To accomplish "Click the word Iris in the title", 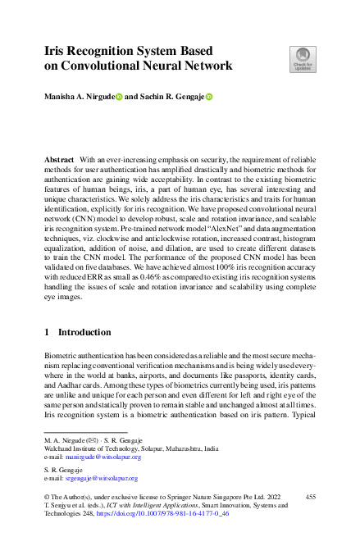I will (56, 50).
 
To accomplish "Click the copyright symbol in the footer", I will (46, 498).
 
